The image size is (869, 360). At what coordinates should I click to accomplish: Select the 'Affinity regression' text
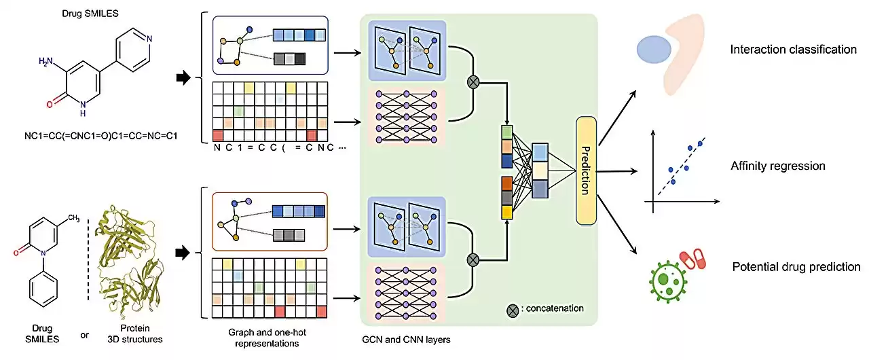click(x=778, y=166)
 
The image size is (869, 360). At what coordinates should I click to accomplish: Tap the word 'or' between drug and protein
click(x=84, y=334)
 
